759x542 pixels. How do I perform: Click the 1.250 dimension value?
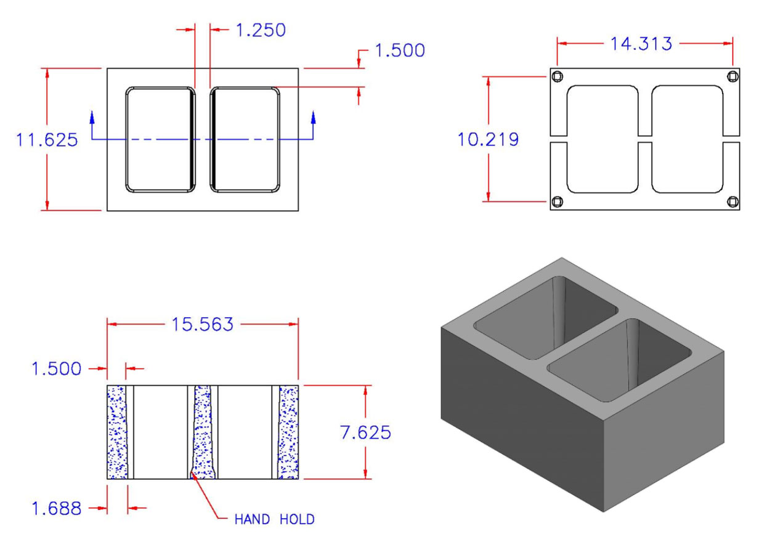coord(261,30)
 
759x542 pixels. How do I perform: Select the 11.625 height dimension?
coord(47,140)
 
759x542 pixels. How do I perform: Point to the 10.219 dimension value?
coord(488,140)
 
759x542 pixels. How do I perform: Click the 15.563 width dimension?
coord(202,324)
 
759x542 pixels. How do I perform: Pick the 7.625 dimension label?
coord(365,433)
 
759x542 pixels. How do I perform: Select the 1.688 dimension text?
coord(56,508)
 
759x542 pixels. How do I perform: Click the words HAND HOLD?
coord(275,519)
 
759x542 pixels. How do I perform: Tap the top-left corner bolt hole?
coord(556,76)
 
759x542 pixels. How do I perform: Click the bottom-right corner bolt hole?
coord(733,201)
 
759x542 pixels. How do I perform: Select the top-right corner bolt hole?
coord(733,76)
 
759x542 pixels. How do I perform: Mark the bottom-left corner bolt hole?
coord(556,201)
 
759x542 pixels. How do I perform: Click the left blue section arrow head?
coord(92,117)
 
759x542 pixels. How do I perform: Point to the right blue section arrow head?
coord(314,117)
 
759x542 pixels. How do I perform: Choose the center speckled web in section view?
coord(202,431)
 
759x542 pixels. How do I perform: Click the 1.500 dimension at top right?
coord(400,51)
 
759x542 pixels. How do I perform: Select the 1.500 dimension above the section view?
coord(56,368)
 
